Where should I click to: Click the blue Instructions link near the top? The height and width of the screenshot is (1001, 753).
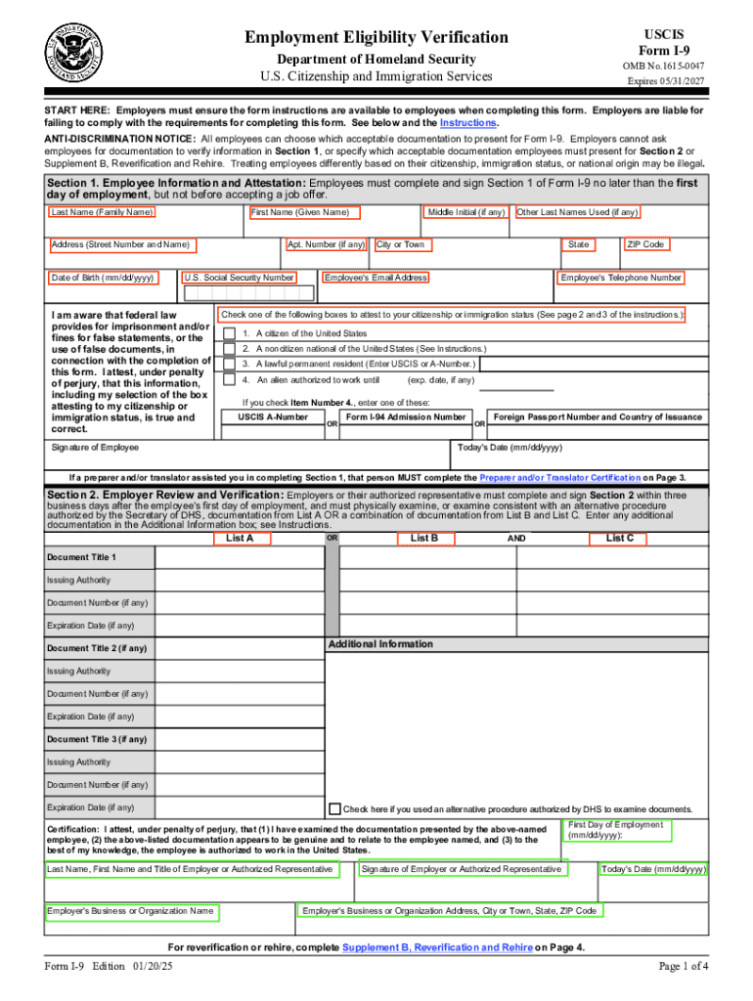(468, 123)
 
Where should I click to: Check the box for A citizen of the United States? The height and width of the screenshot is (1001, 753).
(229, 333)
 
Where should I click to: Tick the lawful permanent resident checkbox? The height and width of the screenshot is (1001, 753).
(229, 364)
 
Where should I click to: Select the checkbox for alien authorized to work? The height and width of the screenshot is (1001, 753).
(229, 379)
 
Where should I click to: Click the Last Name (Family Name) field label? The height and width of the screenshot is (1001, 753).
(102, 212)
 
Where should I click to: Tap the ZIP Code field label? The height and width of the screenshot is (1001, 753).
(645, 244)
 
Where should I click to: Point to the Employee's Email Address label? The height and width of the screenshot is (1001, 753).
(376, 278)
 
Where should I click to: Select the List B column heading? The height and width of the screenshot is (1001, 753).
(423, 538)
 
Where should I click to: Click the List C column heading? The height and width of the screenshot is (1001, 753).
(619, 538)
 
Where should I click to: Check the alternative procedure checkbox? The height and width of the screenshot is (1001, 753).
(335, 808)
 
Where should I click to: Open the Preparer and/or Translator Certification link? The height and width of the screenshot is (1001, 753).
(559, 478)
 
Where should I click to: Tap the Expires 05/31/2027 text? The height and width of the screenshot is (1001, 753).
(665, 82)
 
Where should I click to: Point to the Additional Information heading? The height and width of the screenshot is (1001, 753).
(380, 644)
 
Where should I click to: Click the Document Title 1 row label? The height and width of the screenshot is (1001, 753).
(81, 557)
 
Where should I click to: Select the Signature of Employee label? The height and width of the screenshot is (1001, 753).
(95, 448)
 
